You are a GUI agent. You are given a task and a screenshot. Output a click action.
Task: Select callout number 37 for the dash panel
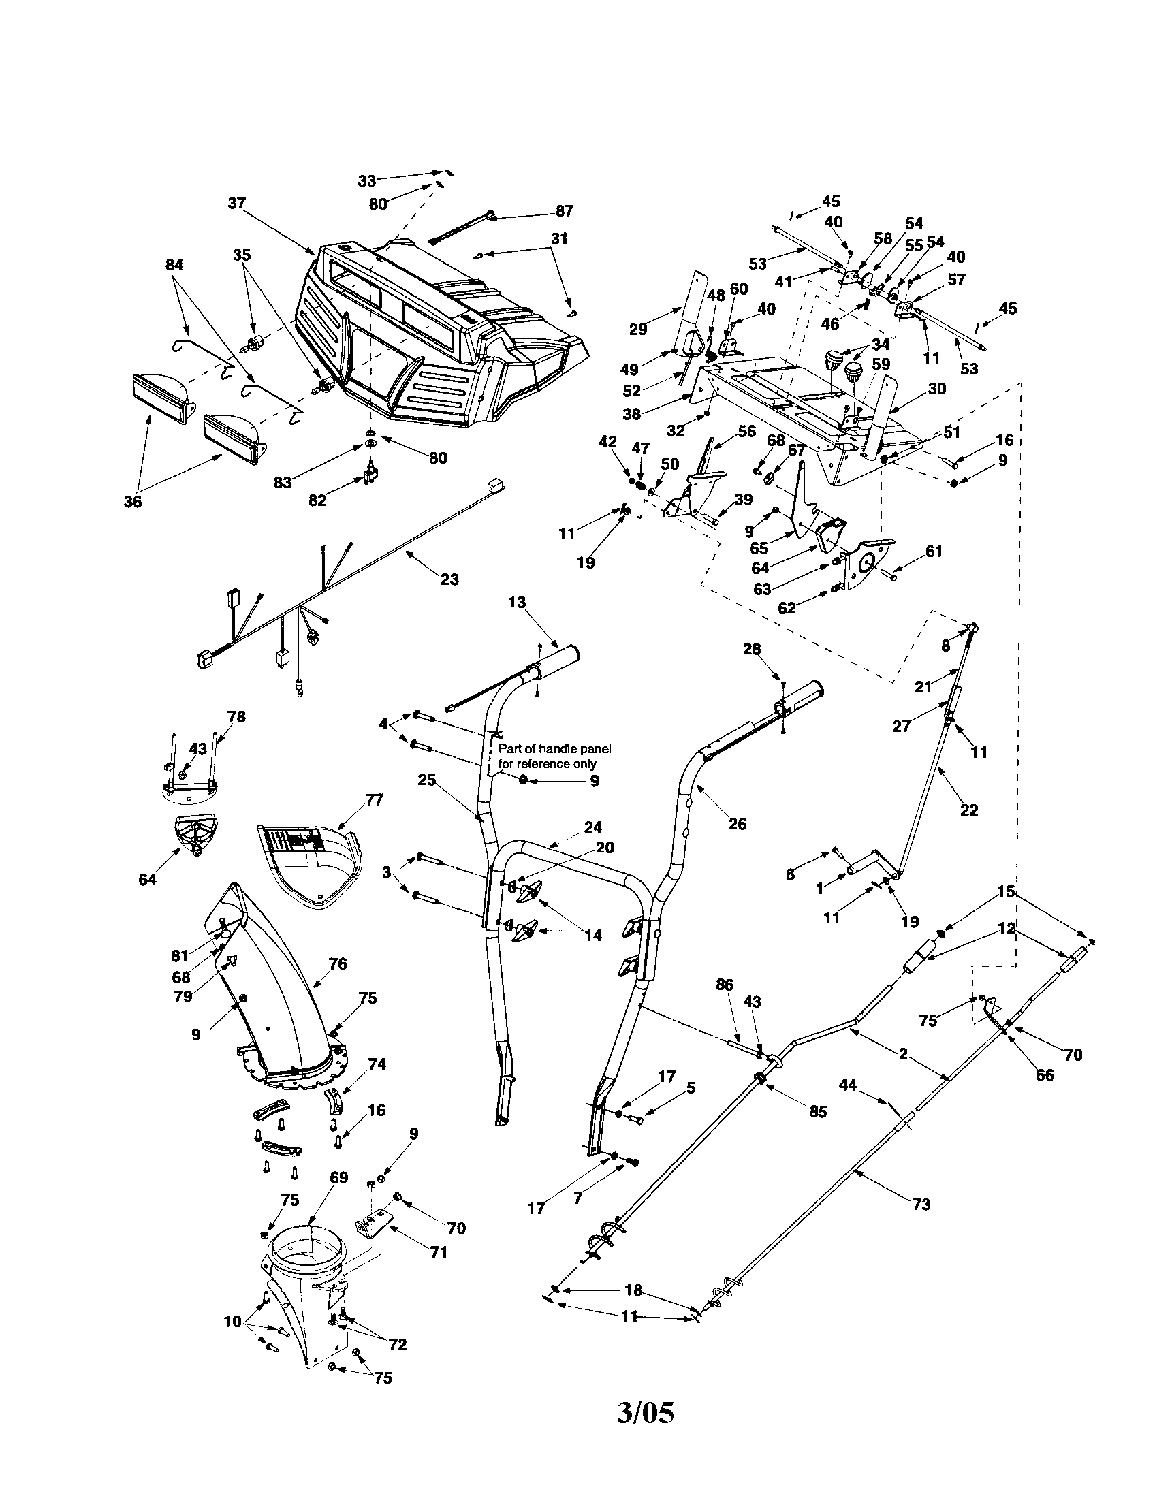pyautogui.click(x=236, y=203)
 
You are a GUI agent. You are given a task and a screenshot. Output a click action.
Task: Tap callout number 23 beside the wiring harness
pyautogui.click(x=449, y=579)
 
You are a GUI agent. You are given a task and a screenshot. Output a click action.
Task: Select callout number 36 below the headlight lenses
pyautogui.click(x=132, y=501)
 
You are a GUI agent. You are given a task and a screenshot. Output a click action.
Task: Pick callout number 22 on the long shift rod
pyautogui.click(x=968, y=810)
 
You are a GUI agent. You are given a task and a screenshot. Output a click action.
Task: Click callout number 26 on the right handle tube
pyautogui.click(x=738, y=824)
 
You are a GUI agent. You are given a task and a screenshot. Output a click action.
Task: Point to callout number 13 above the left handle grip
pyautogui.click(x=516, y=601)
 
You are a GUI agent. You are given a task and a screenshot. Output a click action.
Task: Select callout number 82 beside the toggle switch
pyautogui.click(x=317, y=500)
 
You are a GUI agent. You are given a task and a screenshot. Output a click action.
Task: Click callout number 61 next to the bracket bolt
pyautogui.click(x=934, y=551)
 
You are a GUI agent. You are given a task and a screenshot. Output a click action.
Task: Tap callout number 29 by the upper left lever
pyautogui.click(x=637, y=330)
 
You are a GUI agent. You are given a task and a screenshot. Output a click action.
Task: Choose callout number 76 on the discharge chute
pyautogui.click(x=338, y=963)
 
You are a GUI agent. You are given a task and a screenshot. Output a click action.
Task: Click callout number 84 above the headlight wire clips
pyautogui.click(x=175, y=264)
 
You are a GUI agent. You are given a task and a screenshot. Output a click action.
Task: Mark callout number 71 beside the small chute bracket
pyautogui.click(x=439, y=1252)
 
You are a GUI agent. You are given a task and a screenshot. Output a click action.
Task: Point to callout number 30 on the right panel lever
pyautogui.click(x=936, y=389)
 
